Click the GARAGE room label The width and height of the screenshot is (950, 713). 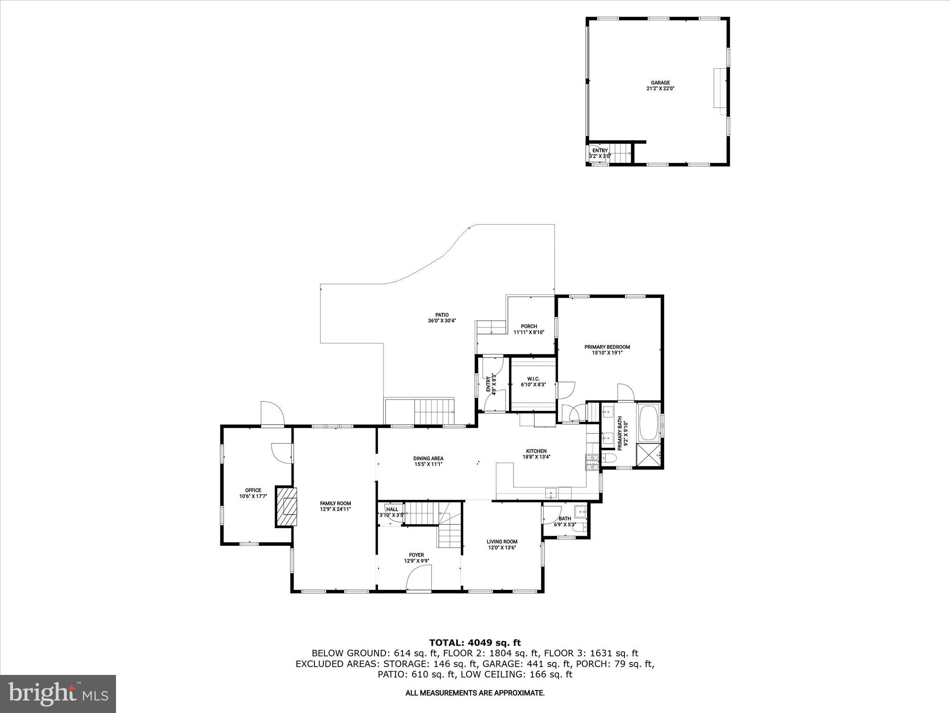pyautogui.click(x=660, y=83)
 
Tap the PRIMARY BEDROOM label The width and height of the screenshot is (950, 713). pyautogui.click(x=607, y=347)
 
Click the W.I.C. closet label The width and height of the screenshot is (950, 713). pyautogui.click(x=533, y=379)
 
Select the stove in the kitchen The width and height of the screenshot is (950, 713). pyautogui.click(x=591, y=463)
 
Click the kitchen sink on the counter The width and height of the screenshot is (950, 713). pyautogui.click(x=551, y=492)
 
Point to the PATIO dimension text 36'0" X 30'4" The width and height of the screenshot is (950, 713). pyautogui.click(x=438, y=321)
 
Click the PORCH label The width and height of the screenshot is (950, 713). pyautogui.click(x=528, y=326)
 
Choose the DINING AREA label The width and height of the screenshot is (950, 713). pyautogui.click(x=428, y=458)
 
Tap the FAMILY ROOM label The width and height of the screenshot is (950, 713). pyautogui.click(x=335, y=503)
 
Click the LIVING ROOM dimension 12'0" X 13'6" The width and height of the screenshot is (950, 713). pyautogui.click(x=501, y=548)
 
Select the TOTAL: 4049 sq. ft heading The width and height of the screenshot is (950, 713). pyautogui.click(x=475, y=643)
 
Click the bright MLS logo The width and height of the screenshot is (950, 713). pyautogui.click(x=58, y=694)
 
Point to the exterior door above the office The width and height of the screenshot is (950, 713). pyautogui.click(x=272, y=413)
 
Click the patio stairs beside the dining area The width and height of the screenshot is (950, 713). pyautogui.click(x=434, y=411)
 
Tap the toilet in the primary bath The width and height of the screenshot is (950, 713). pyautogui.click(x=609, y=459)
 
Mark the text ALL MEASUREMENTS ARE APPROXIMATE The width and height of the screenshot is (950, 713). pyautogui.click(x=475, y=693)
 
